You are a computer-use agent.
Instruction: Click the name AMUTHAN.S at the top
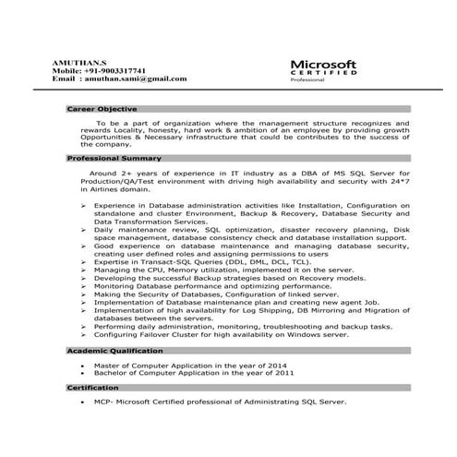click(75, 60)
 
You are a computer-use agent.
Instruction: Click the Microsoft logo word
click(323, 64)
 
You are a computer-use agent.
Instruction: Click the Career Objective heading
click(102, 109)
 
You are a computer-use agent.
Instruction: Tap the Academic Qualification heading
click(116, 352)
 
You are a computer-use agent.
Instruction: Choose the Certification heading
click(93, 388)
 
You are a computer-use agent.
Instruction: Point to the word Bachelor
click(110, 373)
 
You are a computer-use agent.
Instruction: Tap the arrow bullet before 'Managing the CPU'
click(85, 270)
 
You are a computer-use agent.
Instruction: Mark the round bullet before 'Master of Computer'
click(83, 366)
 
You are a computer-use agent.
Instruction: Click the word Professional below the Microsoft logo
click(308, 82)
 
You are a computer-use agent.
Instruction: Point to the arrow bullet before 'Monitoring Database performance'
click(85, 285)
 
